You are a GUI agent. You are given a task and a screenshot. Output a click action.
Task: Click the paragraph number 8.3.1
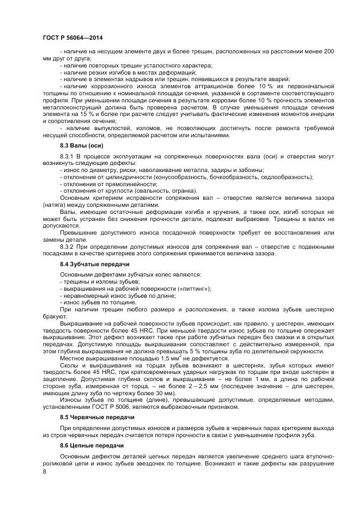pos(68,156)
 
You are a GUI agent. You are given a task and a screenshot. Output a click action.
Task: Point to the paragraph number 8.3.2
pos(68,247)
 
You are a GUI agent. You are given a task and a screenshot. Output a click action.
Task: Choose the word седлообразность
pos(289,177)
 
